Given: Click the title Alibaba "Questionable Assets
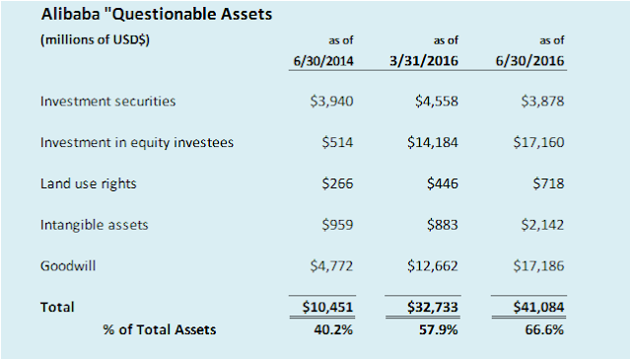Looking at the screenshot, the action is pos(157,15).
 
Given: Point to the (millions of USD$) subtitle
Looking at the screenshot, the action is pos(95,39).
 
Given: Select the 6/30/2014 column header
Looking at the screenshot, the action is pos(323,61).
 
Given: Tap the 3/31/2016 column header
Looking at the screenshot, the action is pos(424,61).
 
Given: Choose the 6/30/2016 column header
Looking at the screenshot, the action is pos(529,61).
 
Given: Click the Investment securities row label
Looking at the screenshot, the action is pos(107,101).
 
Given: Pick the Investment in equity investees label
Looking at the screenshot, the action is pos(137,143).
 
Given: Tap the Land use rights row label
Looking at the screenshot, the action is pos(88,183).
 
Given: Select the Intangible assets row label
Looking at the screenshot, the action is pos(95,225).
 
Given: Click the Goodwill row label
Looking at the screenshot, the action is pos(68,265).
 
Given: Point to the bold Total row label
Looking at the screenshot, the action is pos(57,307).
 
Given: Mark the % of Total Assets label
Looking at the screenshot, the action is pos(160,329).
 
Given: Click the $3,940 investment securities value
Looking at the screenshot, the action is pos(331,101).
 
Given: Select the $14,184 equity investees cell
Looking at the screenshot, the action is pos(433,143).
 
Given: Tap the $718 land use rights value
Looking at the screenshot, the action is pos(548,183).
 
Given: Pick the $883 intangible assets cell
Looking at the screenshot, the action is pos(443,225).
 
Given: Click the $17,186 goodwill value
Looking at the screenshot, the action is pos(538,265).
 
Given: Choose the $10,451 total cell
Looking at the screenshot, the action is pos(327,307).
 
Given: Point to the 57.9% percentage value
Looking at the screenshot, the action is pos(438,329).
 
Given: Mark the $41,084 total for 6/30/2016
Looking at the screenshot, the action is pos(538,307).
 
